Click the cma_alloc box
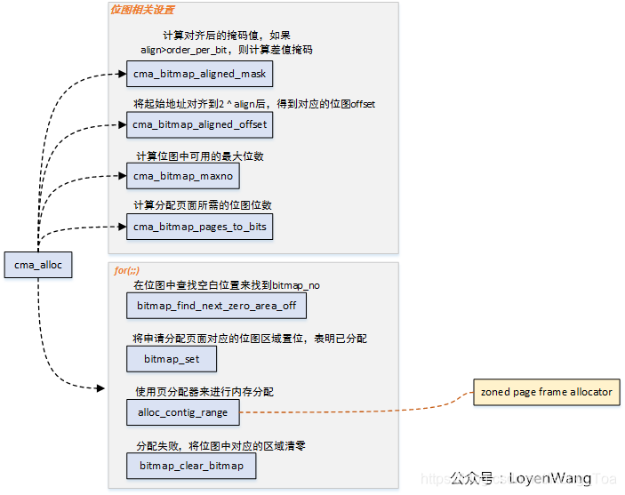(x=37, y=264)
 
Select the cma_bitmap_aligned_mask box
(x=198, y=74)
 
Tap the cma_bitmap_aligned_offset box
(x=198, y=124)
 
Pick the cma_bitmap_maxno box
(x=183, y=176)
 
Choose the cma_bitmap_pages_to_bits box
(x=199, y=227)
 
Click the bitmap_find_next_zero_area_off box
(x=217, y=307)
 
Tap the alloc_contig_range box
(x=183, y=411)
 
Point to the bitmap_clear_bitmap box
(x=191, y=465)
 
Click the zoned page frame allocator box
(x=546, y=392)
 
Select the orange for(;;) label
(x=126, y=269)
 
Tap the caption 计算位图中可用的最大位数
(x=198, y=156)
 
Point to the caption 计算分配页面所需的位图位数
(x=202, y=206)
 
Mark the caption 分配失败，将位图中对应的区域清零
(x=221, y=444)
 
